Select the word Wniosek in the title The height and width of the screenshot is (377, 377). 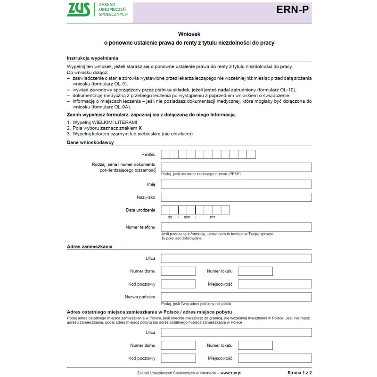189,34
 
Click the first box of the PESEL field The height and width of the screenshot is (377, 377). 165,154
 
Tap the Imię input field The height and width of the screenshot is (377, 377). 236,184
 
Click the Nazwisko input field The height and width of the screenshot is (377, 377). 236,197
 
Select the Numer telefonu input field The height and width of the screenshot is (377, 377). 236,227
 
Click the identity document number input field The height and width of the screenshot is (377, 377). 236,167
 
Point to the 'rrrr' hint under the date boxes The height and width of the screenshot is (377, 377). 212,217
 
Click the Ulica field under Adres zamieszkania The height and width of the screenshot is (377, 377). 236,258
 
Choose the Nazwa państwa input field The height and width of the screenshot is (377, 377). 236,297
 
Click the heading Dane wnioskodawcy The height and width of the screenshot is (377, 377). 90,142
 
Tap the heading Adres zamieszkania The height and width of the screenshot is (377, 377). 90,246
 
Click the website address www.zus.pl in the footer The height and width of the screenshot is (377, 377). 231,372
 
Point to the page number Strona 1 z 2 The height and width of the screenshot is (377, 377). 299,372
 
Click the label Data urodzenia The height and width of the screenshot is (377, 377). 140,210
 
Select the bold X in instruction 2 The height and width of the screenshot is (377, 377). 140,128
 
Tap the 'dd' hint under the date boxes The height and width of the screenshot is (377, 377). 170,217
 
